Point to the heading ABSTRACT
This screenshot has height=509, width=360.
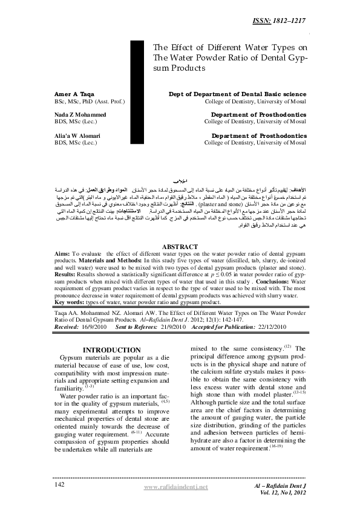(180, 247)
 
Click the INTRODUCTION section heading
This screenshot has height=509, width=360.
(111, 350)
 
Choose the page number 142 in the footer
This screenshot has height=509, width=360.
(60, 485)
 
